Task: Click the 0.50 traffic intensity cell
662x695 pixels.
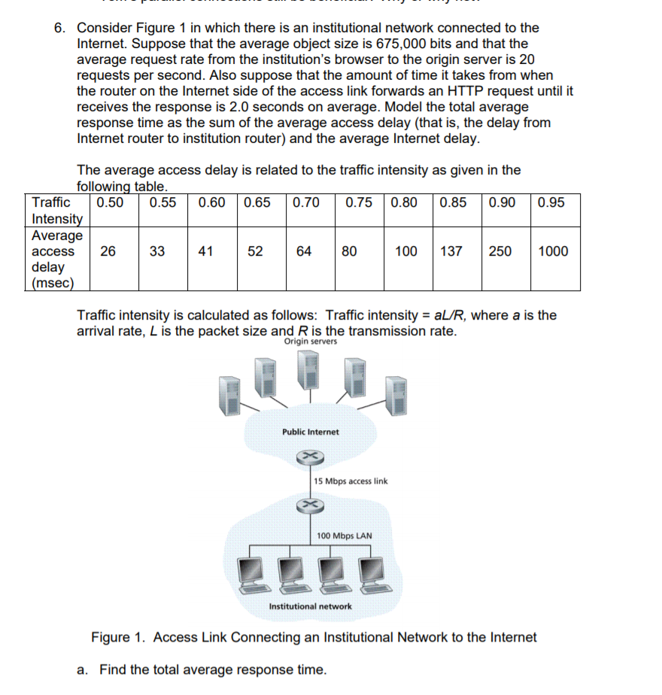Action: [x=110, y=202]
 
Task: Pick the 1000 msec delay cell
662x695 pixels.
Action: [x=554, y=251]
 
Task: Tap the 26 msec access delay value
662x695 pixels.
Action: [x=108, y=251]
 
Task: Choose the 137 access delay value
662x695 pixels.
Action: [x=451, y=251]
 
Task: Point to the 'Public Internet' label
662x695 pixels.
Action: [x=310, y=432]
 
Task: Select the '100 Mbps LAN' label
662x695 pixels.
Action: [x=345, y=536]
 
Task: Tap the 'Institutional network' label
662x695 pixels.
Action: [x=310, y=606]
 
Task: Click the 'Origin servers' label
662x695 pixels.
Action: [x=311, y=342]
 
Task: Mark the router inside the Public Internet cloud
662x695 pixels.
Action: [x=309, y=457]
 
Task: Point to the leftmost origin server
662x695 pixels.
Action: [x=230, y=396]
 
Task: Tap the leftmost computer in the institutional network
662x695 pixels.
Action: [x=253, y=574]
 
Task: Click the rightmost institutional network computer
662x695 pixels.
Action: [x=372, y=574]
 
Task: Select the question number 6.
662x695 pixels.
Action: [x=59, y=28]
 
